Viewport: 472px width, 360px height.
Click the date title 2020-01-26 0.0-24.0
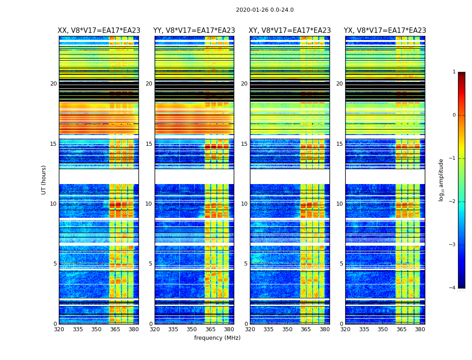click(265, 10)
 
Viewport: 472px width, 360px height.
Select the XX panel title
click(99, 31)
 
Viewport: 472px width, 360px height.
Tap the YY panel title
click(194, 31)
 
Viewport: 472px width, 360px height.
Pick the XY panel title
click(290, 31)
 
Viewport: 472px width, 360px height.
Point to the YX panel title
click(385, 31)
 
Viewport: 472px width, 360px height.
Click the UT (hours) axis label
click(44, 180)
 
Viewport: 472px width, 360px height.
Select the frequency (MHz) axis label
click(217, 338)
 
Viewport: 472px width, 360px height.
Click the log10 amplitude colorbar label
click(441, 180)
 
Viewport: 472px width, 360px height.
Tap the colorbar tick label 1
click(454, 72)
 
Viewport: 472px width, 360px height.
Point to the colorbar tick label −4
click(452, 288)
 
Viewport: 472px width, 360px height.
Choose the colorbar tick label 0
click(454, 115)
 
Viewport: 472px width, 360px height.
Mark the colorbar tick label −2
click(452, 202)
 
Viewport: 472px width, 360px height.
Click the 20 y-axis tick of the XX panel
click(53, 84)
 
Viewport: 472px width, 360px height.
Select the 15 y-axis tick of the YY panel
click(149, 144)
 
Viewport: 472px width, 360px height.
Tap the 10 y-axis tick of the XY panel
click(244, 204)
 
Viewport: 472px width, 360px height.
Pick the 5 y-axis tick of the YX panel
click(341, 264)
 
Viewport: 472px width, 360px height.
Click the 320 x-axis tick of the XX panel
click(59, 329)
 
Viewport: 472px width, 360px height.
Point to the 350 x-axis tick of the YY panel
click(192, 329)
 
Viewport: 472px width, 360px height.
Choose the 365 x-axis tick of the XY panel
click(306, 329)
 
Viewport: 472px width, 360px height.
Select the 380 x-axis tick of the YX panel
click(420, 329)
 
